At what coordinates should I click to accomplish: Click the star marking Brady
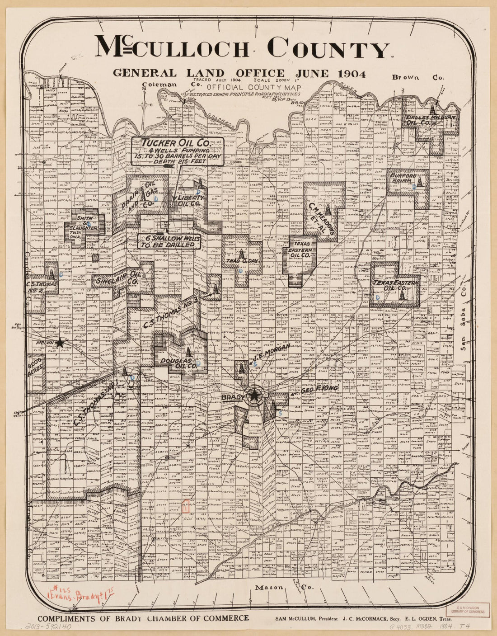pos(254,396)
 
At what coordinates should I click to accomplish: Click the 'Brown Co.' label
pos(418,77)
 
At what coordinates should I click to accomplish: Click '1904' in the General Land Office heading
pos(351,74)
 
